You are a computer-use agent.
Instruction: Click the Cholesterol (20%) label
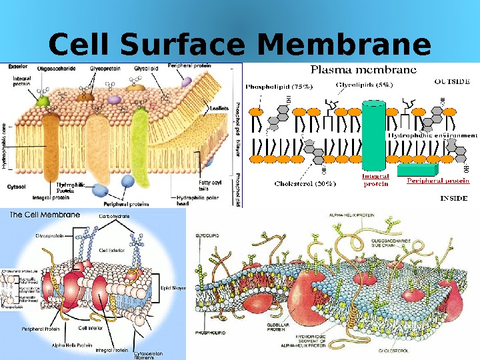click(x=307, y=183)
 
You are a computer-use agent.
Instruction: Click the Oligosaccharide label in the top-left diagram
click(x=56, y=67)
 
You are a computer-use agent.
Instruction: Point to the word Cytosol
click(x=17, y=187)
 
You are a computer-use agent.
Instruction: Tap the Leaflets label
click(x=220, y=107)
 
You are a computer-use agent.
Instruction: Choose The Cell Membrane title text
click(x=44, y=215)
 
